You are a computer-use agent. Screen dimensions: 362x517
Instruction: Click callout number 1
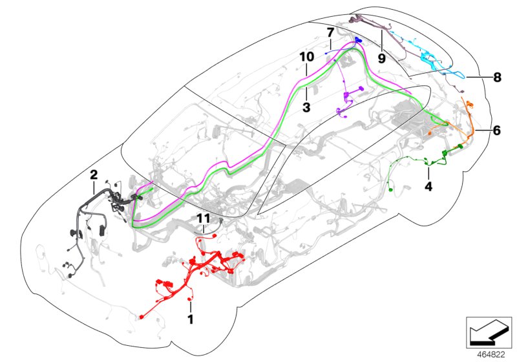click(x=190, y=319)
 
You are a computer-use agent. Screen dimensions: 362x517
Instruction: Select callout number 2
click(x=94, y=175)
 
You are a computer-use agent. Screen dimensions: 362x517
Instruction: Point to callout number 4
click(x=428, y=186)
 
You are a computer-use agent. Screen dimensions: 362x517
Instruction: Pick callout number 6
click(x=496, y=130)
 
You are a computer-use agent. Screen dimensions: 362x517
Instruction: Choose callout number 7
click(x=330, y=32)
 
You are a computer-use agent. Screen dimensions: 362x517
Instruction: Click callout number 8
click(x=496, y=78)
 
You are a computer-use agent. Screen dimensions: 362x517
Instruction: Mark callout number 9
click(x=381, y=58)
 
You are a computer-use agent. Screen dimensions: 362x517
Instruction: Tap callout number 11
click(x=204, y=218)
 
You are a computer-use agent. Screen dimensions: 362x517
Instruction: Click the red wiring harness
click(x=197, y=268)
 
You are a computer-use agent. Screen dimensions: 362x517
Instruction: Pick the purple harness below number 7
click(x=347, y=97)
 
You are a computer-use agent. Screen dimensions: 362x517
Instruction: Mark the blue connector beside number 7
click(x=358, y=40)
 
